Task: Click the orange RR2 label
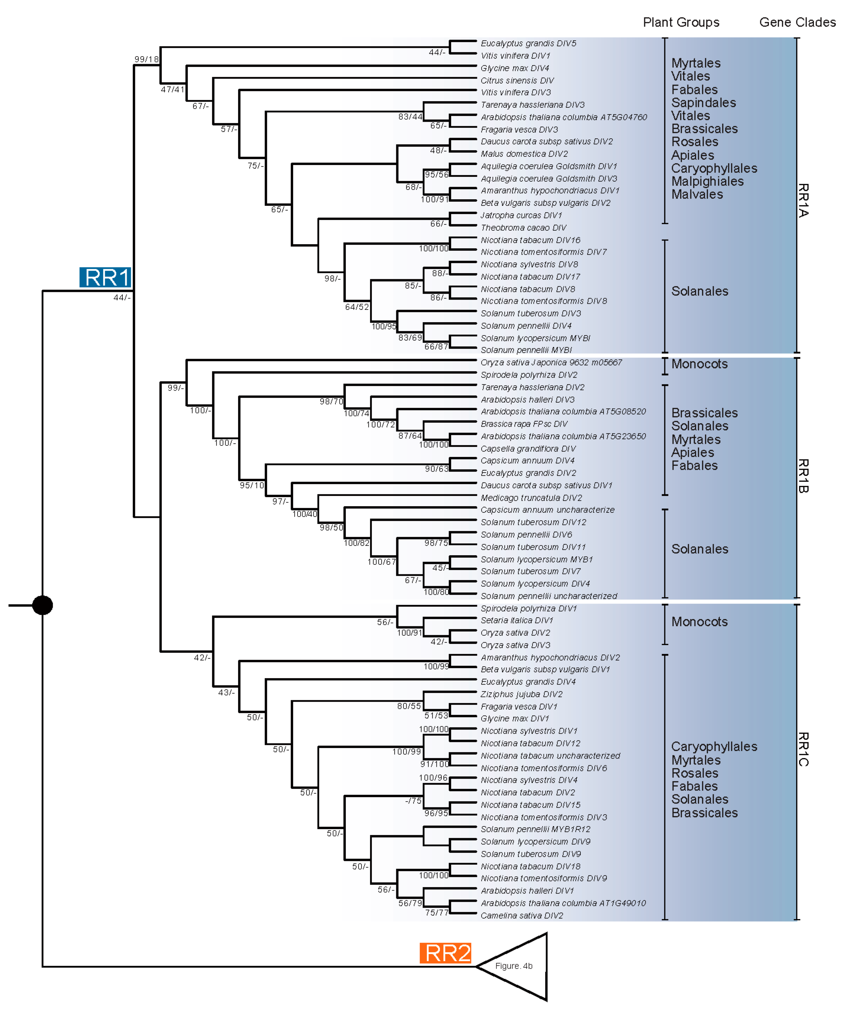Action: pyautogui.click(x=445, y=953)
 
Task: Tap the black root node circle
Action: pyautogui.click(x=42, y=605)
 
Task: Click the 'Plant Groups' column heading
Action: pyautogui.click(x=681, y=22)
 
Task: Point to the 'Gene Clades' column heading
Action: pyautogui.click(x=797, y=22)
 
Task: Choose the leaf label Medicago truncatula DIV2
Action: pyautogui.click(x=531, y=498)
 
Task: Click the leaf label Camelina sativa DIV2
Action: pyautogui.click(x=522, y=915)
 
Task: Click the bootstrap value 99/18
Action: pyautogui.click(x=146, y=59)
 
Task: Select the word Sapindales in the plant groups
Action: pyautogui.click(x=703, y=102)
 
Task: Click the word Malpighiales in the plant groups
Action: pyautogui.click(x=707, y=181)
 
